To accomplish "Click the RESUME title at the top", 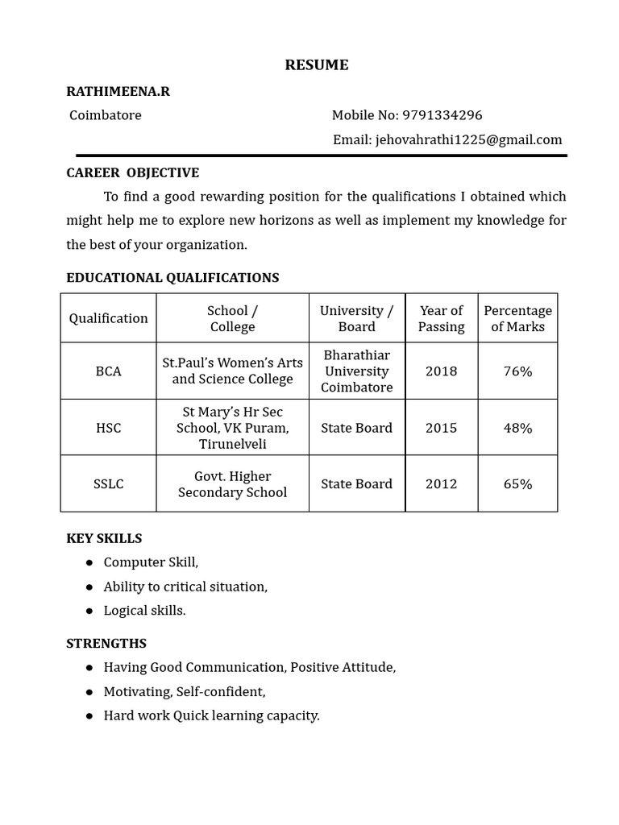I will coord(317,65).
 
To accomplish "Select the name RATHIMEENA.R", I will coord(118,91).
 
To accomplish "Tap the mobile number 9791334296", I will coord(442,115).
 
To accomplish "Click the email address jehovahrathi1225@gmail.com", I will coord(468,139).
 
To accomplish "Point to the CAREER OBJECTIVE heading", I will coord(132,172).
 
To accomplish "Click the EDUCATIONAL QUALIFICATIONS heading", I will coord(172,277).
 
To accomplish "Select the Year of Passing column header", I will coord(441,318).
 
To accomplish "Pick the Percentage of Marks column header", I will coord(517,318).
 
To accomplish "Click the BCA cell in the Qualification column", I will coord(109,371).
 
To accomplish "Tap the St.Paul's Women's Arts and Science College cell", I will coord(232,371).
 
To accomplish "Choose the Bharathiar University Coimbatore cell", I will coord(356,371).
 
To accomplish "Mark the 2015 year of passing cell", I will coord(441,428).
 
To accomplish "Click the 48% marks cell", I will coord(517,428).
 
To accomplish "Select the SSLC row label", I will coord(109,483).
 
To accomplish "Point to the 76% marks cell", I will coord(517,371).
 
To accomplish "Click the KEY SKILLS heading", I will coord(104,538).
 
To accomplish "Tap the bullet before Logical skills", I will coord(89,611).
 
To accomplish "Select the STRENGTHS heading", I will coord(106,643).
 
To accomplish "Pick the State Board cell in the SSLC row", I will coord(356,483).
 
